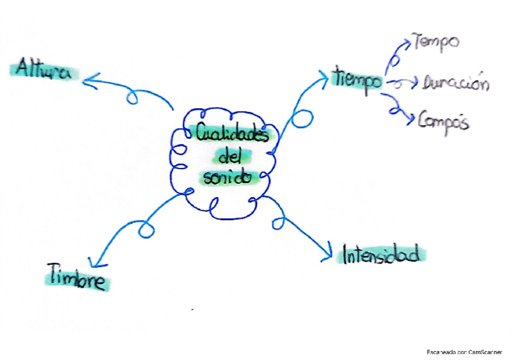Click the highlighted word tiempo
coord(357,79)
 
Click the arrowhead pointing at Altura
coord(88,80)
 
